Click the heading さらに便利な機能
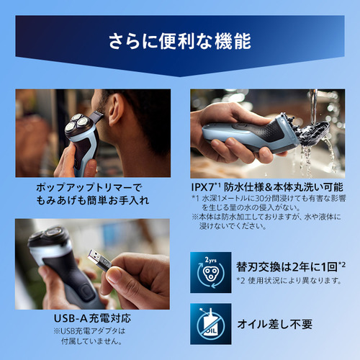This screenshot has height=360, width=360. [x=180, y=41]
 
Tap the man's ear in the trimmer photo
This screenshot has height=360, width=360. [x=116, y=109]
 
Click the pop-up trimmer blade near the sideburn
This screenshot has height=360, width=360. [x=96, y=117]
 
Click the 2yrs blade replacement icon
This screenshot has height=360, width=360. [x=211, y=272]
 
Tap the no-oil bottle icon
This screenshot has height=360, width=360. [x=211, y=324]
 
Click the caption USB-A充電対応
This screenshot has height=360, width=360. [x=92, y=318]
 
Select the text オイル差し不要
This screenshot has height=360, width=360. [x=275, y=324]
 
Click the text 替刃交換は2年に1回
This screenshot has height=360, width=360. [x=287, y=267]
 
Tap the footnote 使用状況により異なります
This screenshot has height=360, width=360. [x=294, y=280]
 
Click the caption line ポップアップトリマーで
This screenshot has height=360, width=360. [x=89, y=187]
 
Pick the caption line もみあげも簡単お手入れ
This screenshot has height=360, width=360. [x=93, y=200]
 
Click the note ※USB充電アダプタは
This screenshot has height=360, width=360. [x=89, y=331]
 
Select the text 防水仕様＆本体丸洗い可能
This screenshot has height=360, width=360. [x=284, y=187]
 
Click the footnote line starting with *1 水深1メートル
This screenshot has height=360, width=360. [x=269, y=198]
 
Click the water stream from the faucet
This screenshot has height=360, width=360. [x=313, y=106]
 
